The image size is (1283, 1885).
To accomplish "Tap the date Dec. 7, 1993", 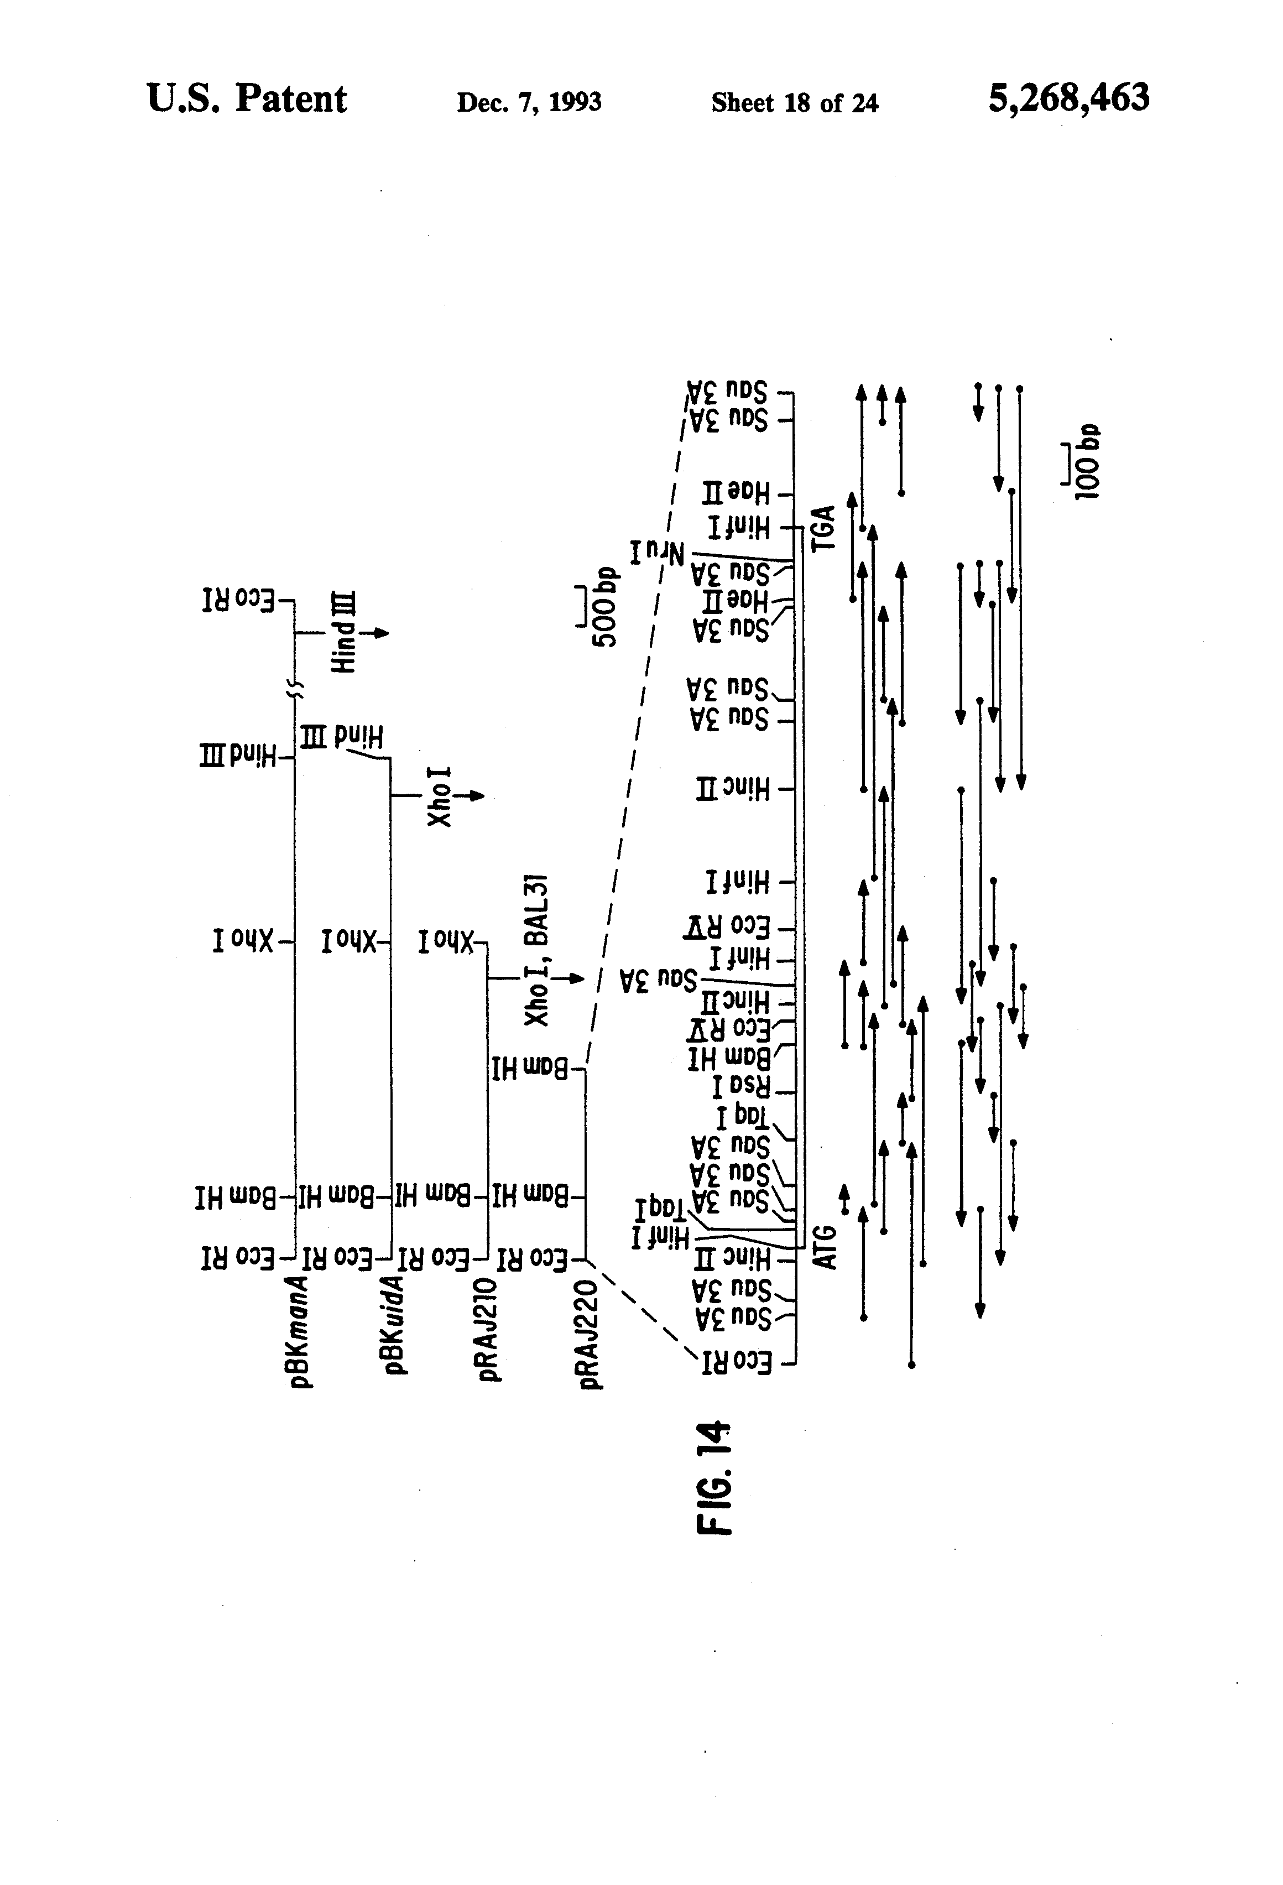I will tap(529, 102).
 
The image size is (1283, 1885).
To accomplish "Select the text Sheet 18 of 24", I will tap(794, 103).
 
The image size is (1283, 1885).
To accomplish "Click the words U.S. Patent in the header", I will tap(247, 99).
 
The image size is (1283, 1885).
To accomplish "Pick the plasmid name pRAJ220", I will tap(591, 1334).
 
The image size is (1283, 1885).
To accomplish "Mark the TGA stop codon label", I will tap(824, 528).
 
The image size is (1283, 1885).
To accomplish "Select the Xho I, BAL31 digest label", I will tap(536, 950).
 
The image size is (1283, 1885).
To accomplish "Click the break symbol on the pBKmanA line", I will tap(296, 689).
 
